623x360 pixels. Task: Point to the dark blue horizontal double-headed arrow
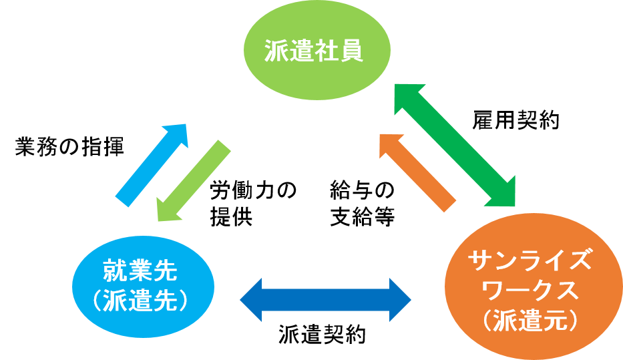click(325, 299)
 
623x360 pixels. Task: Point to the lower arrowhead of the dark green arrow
click(505, 194)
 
